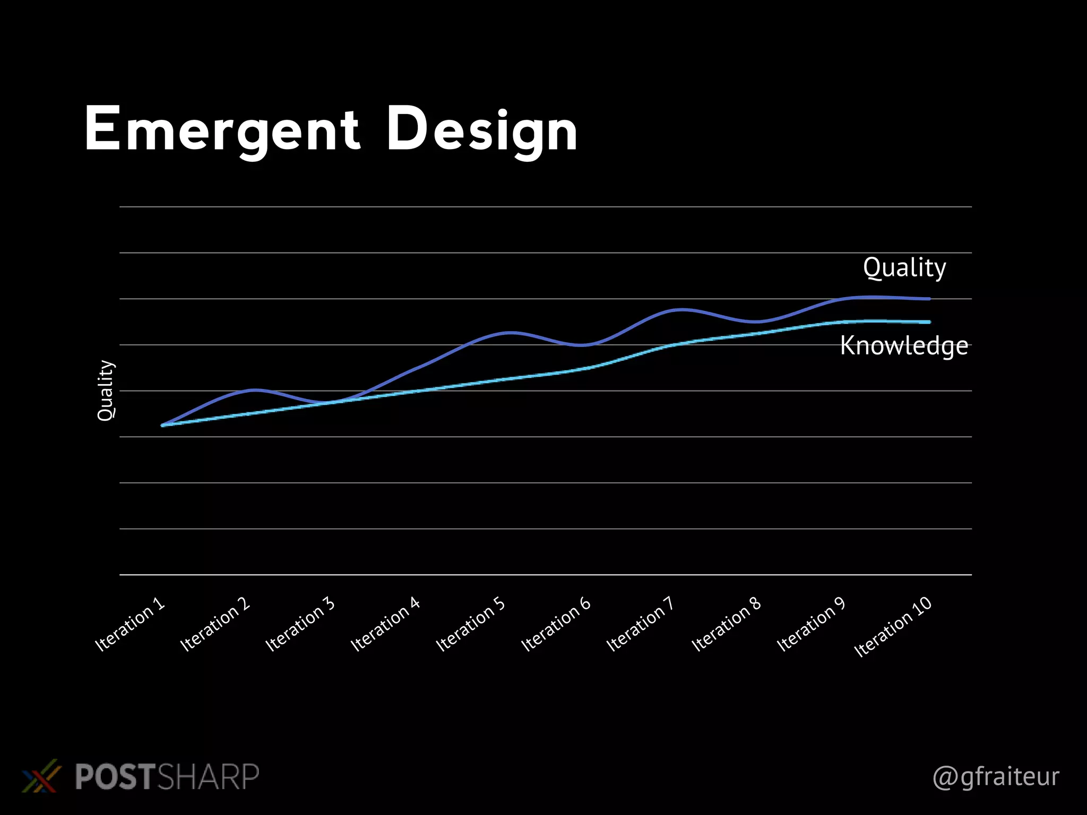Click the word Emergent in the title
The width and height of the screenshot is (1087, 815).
222,130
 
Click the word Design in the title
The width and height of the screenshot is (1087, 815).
481,130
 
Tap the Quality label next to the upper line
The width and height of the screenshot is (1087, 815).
904,267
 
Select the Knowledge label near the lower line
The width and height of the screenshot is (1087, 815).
904,346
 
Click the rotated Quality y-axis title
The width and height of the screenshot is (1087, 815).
106,391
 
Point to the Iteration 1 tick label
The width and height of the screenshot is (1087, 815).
130,624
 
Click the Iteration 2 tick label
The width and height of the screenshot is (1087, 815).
215,624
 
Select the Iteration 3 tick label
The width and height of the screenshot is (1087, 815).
300,624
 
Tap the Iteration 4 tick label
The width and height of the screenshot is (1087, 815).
385,624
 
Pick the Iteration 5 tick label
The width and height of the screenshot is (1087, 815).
470,624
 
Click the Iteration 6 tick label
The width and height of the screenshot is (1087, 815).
556,624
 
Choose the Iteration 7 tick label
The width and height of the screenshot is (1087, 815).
640,624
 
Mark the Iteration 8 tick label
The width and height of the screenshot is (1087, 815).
726,624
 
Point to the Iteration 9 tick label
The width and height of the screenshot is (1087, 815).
811,624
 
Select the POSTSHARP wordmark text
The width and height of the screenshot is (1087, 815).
167,777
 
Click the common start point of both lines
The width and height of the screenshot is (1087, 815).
163,425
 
